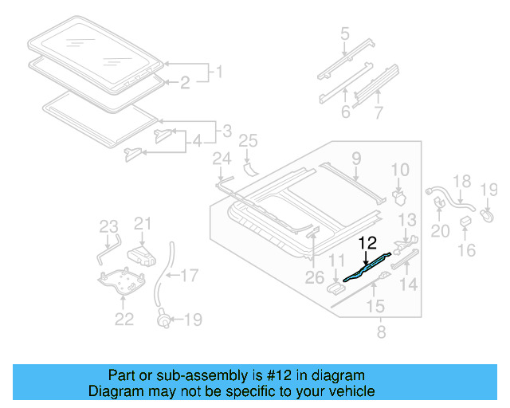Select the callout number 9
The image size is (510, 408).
click(x=356, y=158)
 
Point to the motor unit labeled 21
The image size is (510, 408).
click(x=141, y=253)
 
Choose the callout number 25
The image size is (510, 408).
click(x=249, y=142)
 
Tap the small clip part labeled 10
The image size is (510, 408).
click(x=400, y=194)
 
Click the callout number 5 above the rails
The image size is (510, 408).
click(x=345, y=34)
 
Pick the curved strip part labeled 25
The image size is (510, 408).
click(x=253, y=167)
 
